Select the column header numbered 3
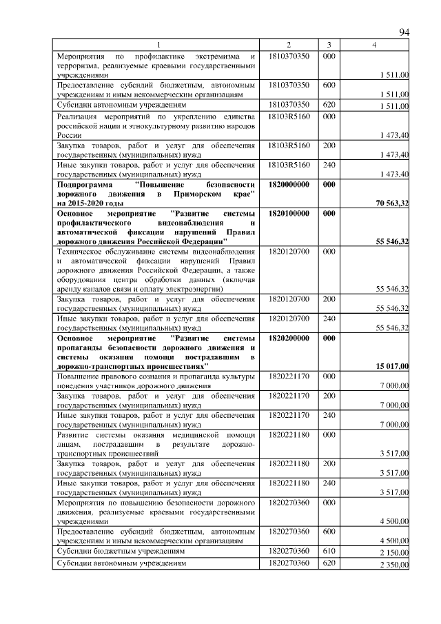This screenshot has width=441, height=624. (329, 45)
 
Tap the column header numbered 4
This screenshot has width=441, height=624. (374, 45)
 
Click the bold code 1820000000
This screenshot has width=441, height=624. (289, 185)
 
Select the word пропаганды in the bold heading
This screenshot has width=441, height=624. (80, 348)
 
